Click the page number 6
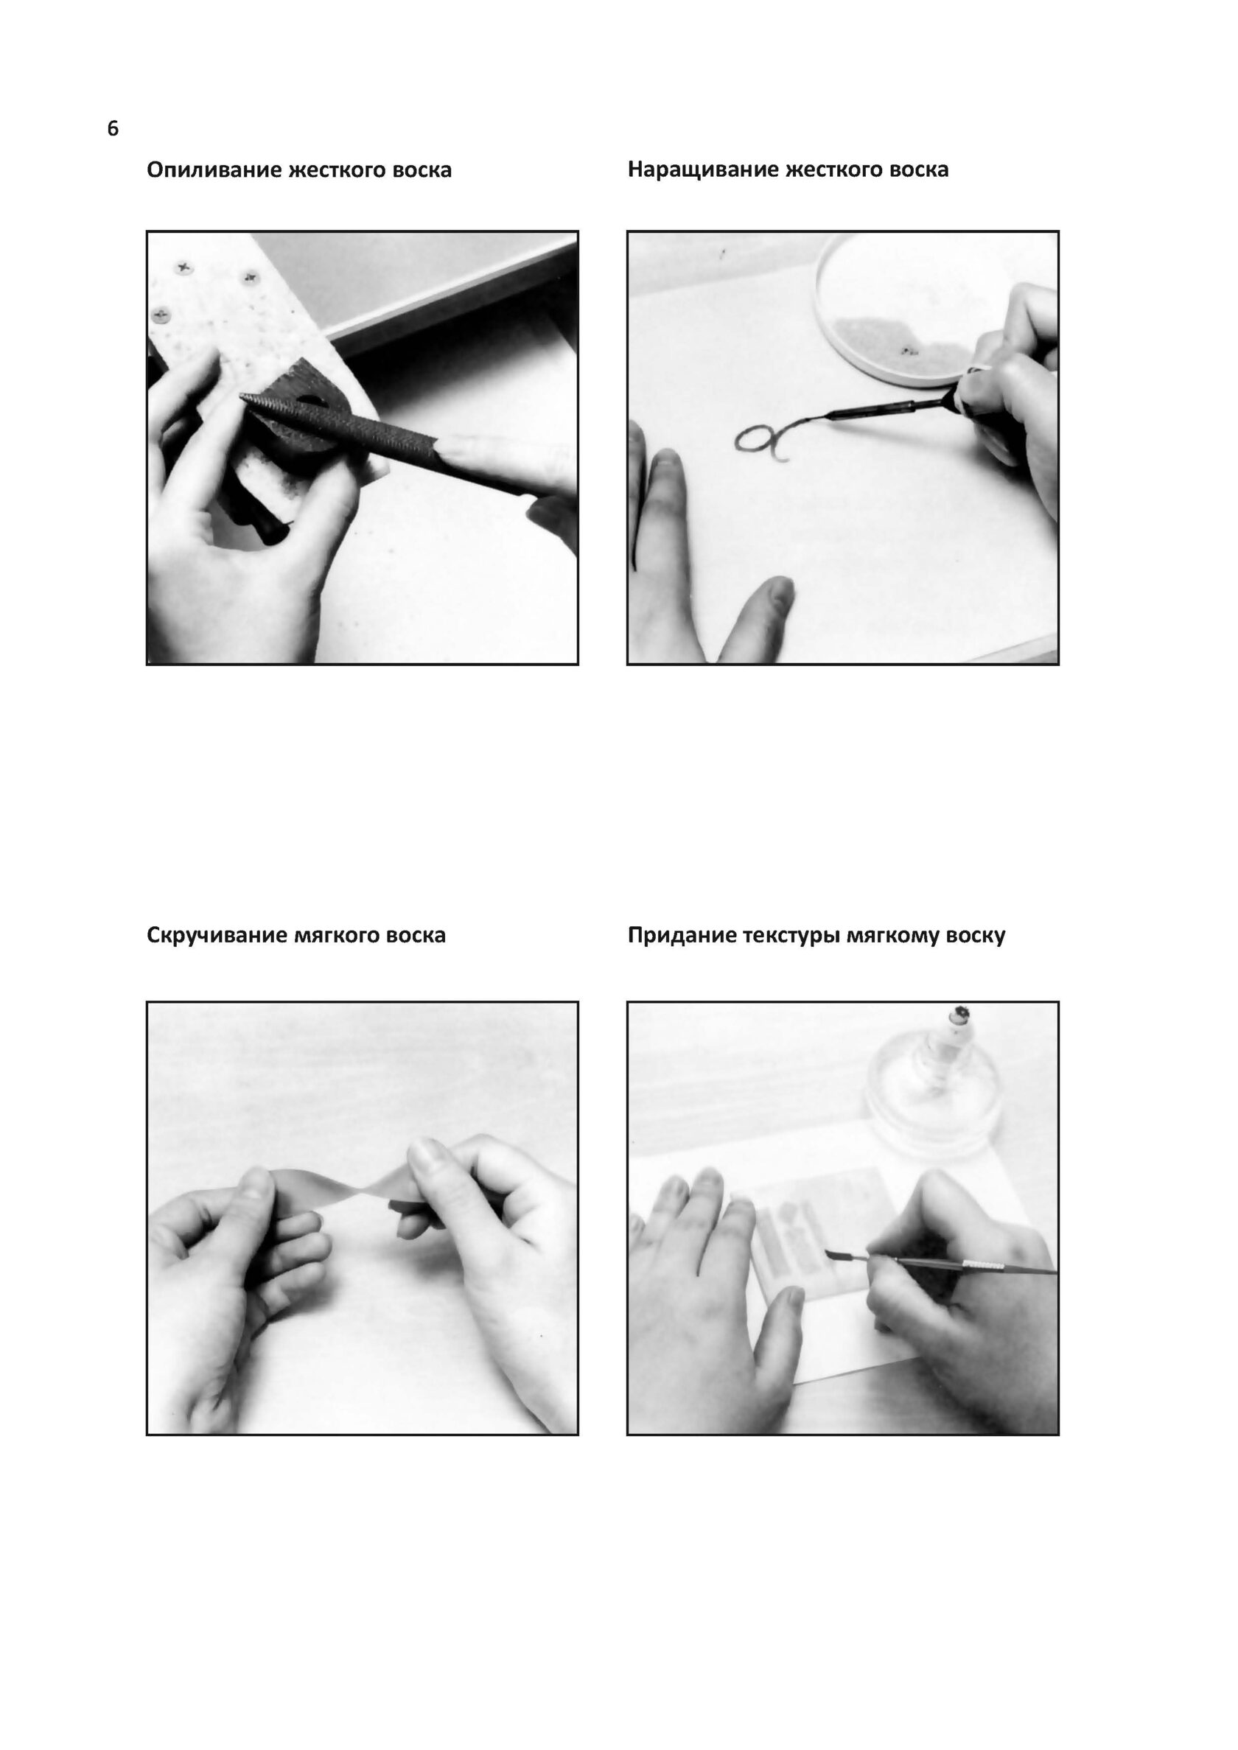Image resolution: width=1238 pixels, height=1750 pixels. pos(113,128)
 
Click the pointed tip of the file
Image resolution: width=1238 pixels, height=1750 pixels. pos(242,396)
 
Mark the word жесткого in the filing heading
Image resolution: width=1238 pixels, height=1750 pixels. pos(336,170)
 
